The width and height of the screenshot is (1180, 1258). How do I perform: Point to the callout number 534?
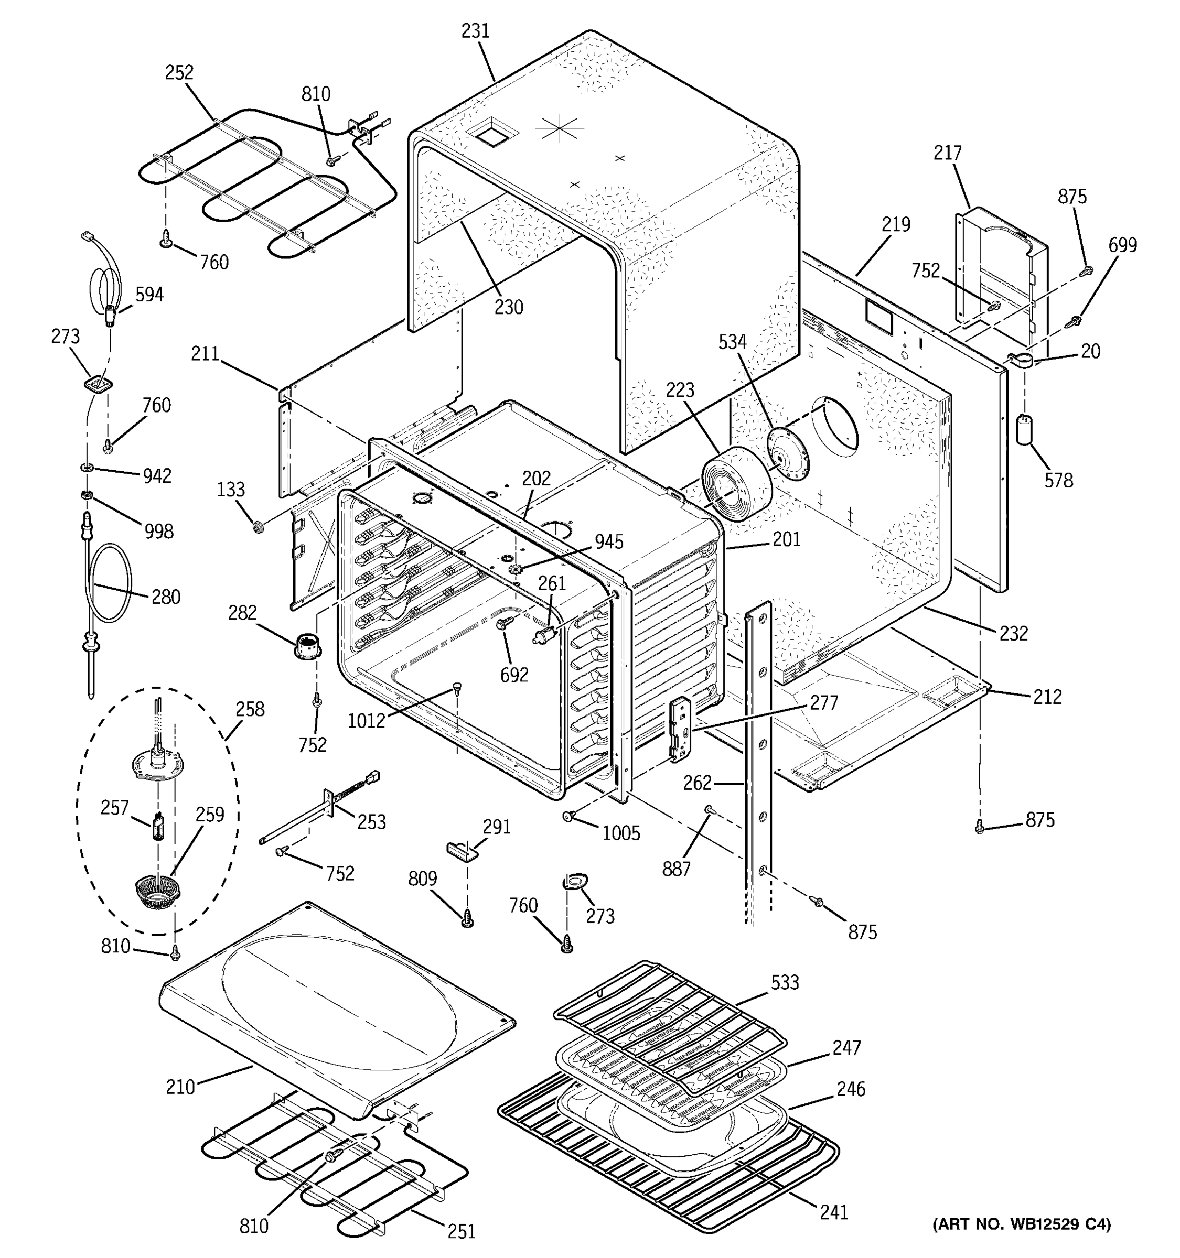[x=733, y=342]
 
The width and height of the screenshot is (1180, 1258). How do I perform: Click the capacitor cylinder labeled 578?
[x=1024, y=430]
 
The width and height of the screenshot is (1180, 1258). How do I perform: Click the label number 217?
[x=947, y=153]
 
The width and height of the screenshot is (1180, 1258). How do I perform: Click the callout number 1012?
[x=366, y=721]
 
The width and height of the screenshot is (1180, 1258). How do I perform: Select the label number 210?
[x=180, y=1087]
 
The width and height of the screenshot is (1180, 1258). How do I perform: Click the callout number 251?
[x=461, y=1231]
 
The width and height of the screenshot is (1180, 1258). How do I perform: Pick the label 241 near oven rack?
[x=833, y=1211]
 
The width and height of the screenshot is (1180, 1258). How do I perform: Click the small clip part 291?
[x=460, y=851]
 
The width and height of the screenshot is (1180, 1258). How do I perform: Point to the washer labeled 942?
[x=86, y=468]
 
